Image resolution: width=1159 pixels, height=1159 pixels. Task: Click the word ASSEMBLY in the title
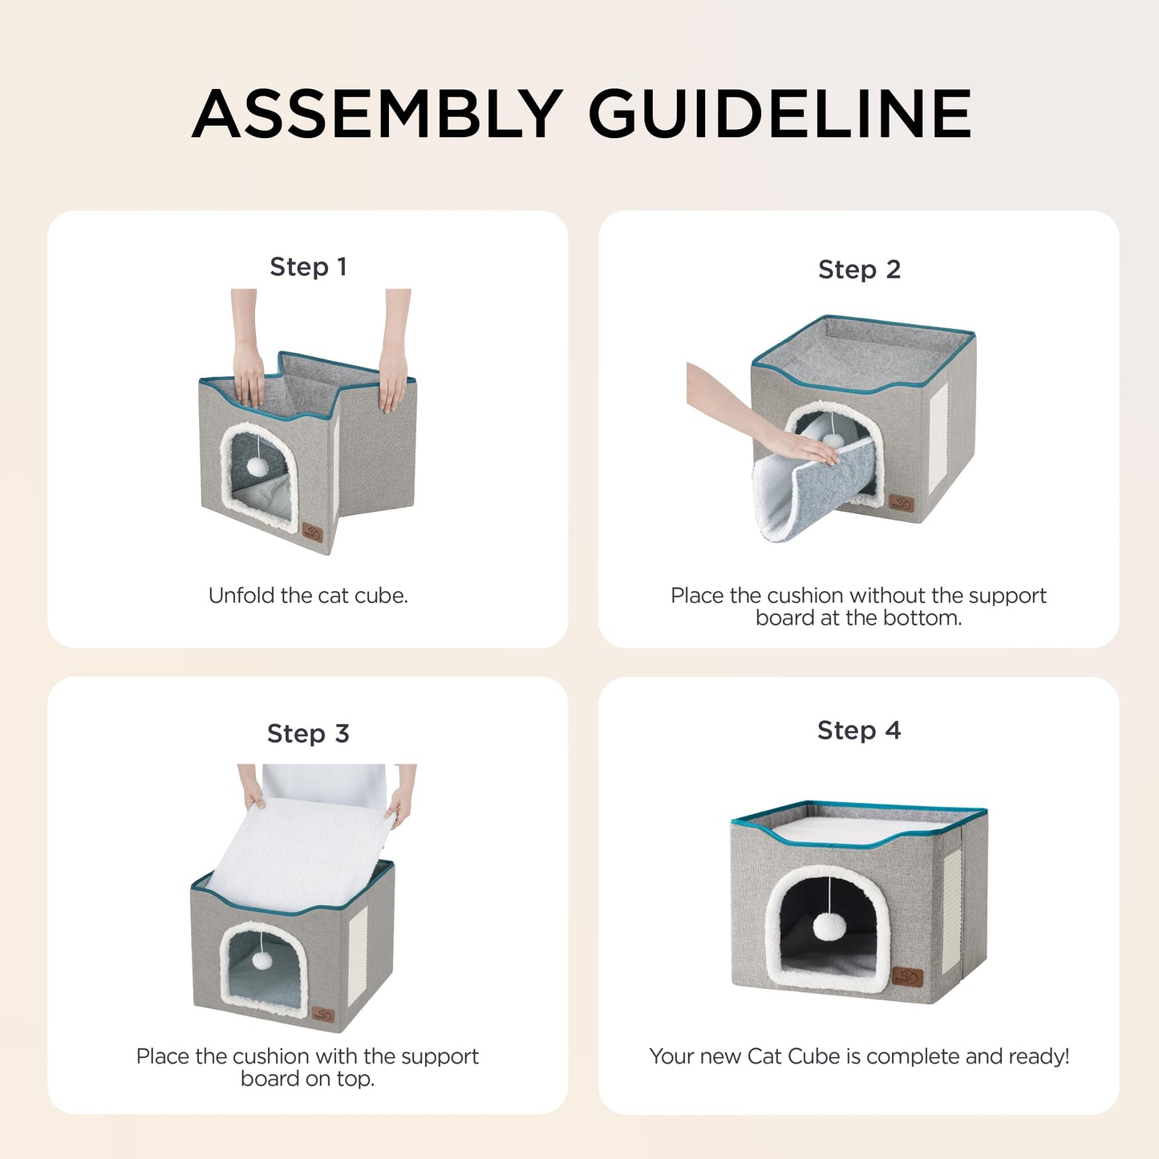point(377,114)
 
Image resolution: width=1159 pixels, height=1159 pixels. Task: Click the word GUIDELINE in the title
point(780,114)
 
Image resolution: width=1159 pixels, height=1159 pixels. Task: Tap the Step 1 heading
point(308,266)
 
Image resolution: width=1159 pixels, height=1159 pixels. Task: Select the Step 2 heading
point(859,269)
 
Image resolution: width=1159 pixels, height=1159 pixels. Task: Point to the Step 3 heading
point(308,733)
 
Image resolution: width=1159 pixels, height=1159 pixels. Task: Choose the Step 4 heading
point(859,730)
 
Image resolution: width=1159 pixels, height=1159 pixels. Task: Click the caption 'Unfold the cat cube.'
point(308,595)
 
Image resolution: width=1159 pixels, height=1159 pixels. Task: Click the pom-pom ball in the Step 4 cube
point(829,926)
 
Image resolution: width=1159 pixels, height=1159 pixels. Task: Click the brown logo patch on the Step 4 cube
point(907,977)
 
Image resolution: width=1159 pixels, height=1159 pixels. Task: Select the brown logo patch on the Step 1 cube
point(312,533)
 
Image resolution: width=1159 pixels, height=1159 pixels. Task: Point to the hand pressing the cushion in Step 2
point(802,445)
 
